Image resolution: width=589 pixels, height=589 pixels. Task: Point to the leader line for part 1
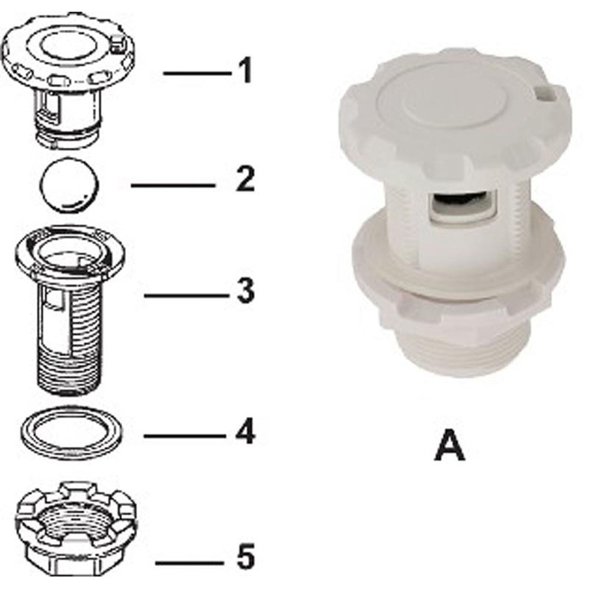click(x=197, y=73)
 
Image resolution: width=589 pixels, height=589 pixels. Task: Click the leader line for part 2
click(x=173, y=185)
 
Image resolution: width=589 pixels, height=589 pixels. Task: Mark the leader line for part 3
click(x=184, y=295)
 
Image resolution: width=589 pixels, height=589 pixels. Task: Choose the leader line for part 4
click(x=184, y=436)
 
